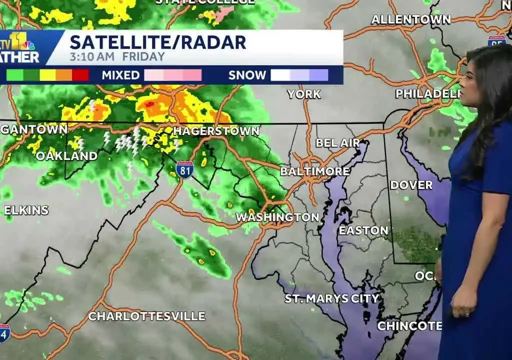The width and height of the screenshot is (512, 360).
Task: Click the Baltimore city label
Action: [x=314, y=171]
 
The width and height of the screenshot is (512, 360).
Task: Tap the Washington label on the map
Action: [x=277, y=217]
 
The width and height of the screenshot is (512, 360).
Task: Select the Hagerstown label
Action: [x=216, y=131]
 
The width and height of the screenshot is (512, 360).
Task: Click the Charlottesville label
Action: [x=146, y=316]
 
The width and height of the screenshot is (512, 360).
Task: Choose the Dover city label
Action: [x=411, y=185]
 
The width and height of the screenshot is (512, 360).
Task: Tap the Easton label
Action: [x=363, y=230]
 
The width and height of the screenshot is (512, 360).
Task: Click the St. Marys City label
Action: [x=332, y=298]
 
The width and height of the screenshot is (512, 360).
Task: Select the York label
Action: [x=304, y=94]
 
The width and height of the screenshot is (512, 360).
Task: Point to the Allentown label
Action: [x=410, y=20]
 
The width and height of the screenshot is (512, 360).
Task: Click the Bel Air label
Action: [x=337, y=143]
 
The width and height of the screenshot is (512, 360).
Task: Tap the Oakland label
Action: [x=66, y=155]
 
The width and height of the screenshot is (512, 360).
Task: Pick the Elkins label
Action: [x=26, y=210]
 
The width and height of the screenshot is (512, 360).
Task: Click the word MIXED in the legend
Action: [x=120, y=75]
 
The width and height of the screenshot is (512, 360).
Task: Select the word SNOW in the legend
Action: [x=247, y=75]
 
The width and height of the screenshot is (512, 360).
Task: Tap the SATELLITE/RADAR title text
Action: [x=158, y=42]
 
